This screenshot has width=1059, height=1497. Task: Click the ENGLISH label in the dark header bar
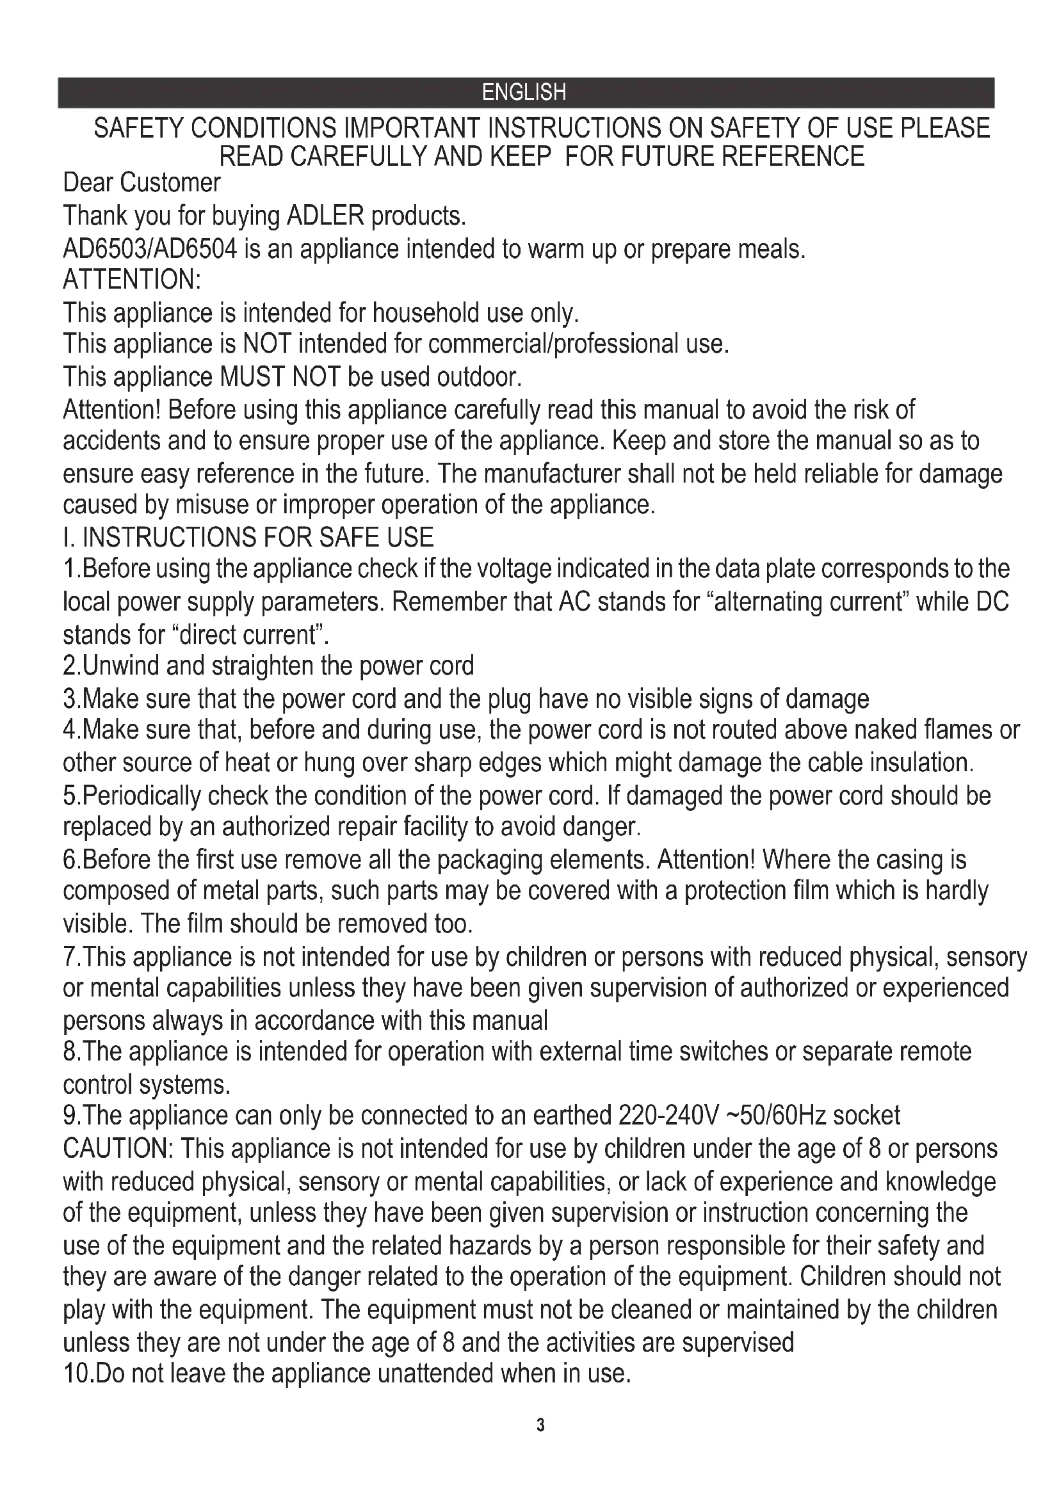524,93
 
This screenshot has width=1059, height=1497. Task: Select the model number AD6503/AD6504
149,249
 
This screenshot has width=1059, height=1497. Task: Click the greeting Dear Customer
141,183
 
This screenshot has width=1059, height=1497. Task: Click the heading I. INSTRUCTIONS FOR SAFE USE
248,537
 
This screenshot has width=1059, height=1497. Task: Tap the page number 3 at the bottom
540,1426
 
